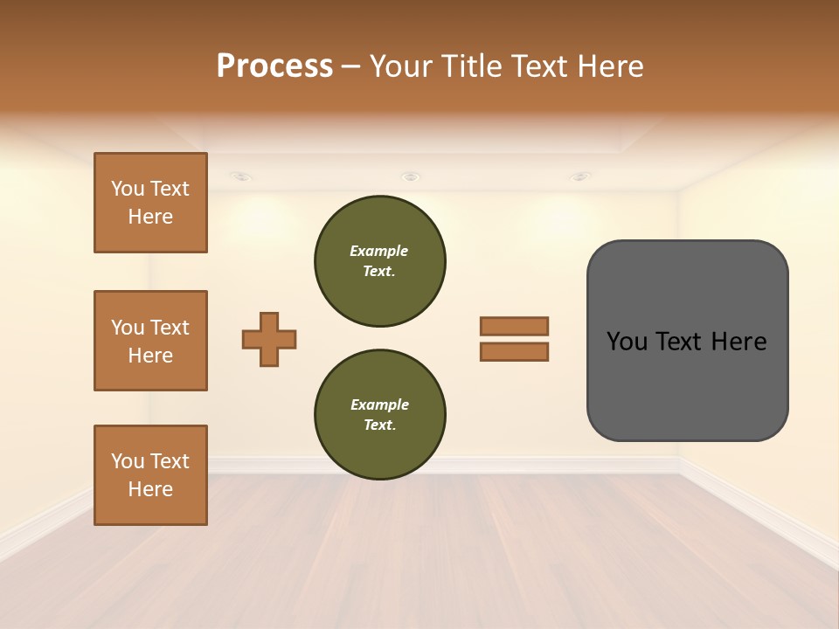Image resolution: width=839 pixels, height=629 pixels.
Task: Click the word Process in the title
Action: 274,66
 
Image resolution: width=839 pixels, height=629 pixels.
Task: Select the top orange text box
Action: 150,203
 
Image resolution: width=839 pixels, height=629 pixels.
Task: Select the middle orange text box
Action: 150,341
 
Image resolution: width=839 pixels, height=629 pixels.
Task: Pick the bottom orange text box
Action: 150,475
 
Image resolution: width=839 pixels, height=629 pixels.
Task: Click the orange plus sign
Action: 269,339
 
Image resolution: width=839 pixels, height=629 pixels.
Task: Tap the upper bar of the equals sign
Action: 514,327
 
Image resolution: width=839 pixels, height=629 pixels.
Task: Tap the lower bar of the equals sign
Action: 514,352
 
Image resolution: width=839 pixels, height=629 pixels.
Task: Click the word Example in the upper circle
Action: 378,251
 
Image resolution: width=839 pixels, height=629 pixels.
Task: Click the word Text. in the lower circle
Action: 379,425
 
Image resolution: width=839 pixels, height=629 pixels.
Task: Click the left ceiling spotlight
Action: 242,177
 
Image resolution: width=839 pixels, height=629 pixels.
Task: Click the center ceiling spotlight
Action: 410,177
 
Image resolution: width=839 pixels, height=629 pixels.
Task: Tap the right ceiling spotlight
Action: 580,177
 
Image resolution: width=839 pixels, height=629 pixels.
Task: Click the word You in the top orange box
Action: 127,189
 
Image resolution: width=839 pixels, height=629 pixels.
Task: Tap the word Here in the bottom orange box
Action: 150,489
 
